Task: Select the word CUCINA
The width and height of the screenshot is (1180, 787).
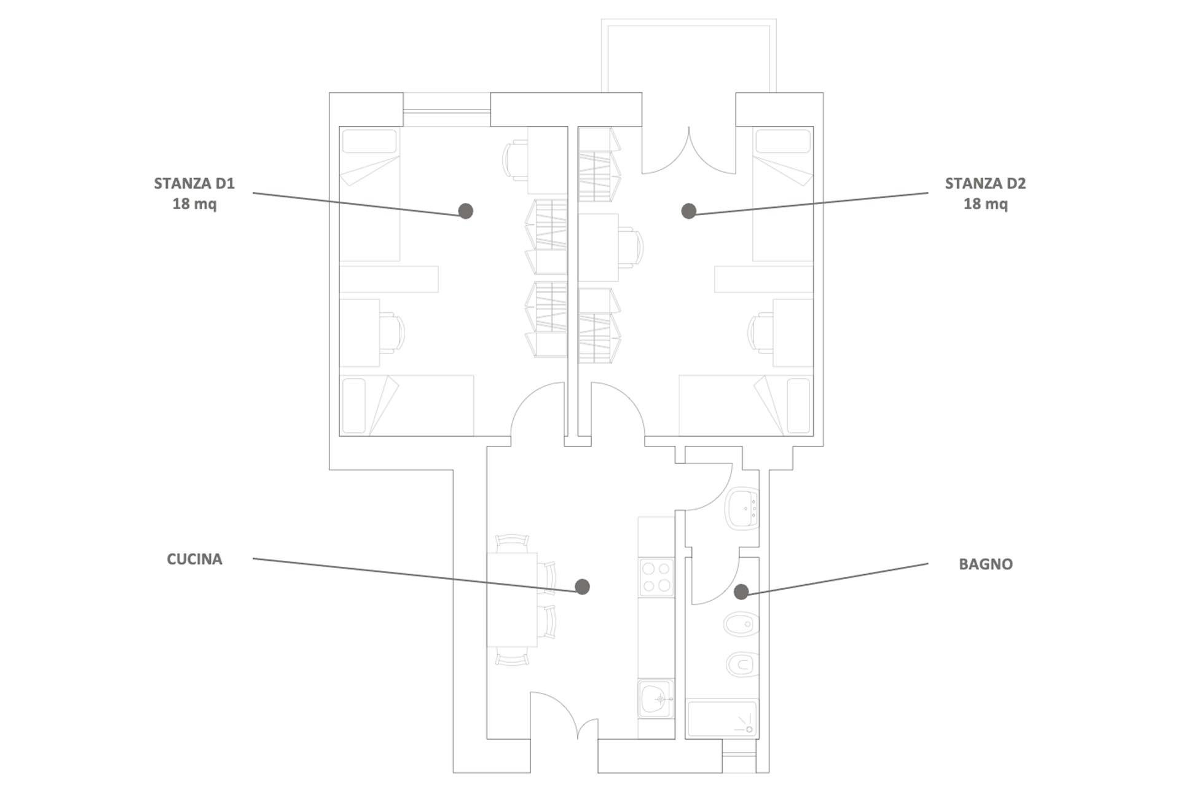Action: tap(194, 559)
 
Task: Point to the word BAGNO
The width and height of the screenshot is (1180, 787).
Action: tap(985, 564)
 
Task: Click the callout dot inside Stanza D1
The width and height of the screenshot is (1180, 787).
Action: tap(466, 211)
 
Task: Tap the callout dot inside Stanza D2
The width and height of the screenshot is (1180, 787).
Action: tap(689, 211)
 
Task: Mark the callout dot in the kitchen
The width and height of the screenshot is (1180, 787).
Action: tap(582, 587)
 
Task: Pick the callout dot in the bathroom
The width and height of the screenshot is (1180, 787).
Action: tap(741, 591)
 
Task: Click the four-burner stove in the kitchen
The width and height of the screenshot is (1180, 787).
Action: tap(656, 577)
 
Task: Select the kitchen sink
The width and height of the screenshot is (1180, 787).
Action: tap(656, 698)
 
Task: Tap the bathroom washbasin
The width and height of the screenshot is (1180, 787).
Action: tap(742, 508)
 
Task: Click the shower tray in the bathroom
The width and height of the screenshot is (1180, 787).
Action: tap(722, 718)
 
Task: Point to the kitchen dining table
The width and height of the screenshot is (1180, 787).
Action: tap(512, 599)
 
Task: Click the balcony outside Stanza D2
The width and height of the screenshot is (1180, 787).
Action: tap(689, 56)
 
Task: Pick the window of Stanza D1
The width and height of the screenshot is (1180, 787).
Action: tap(447, 110)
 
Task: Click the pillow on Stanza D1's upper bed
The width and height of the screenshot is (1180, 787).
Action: tap(369, 141)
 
